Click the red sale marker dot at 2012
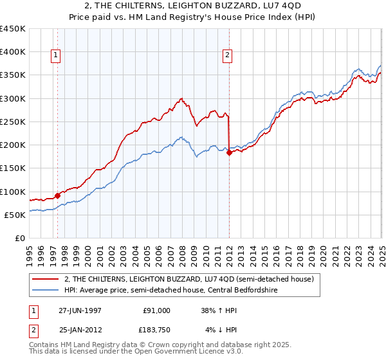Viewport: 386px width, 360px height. [x=229, y=152]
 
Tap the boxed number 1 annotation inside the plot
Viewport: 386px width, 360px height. [x=57, y=56]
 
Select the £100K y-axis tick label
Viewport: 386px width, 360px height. [x=14, y=192]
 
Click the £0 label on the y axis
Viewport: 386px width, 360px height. [x=20, y=238]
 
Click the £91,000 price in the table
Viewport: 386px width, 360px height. [x=157, y=310]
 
